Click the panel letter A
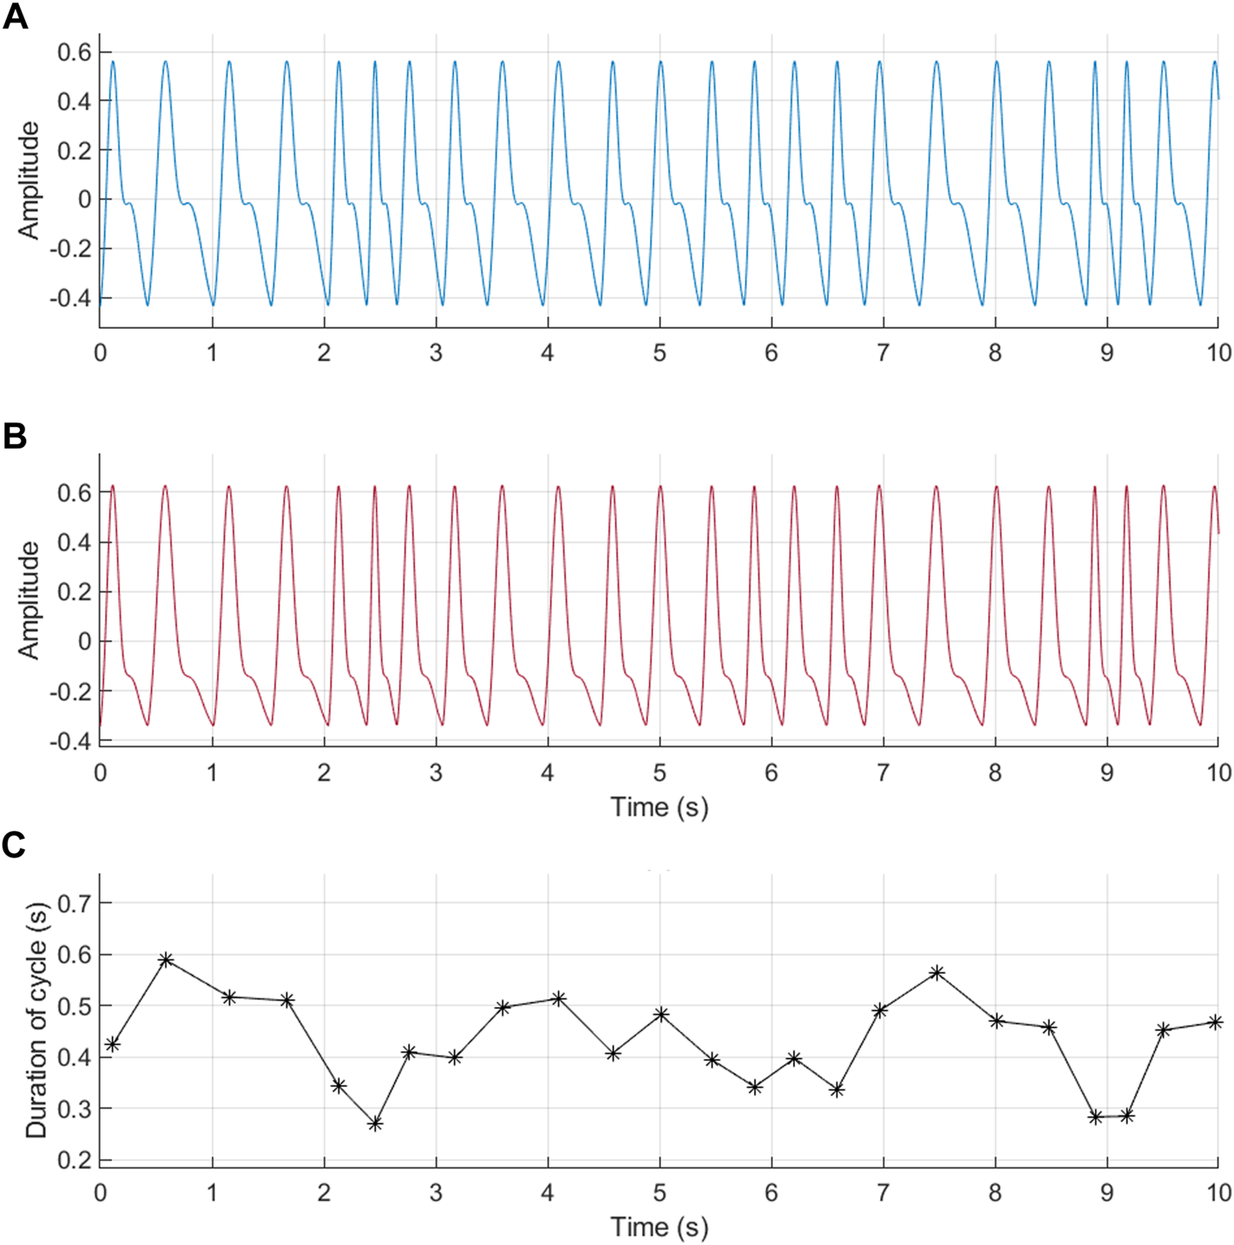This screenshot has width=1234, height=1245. pos(15,16)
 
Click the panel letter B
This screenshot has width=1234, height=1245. pos(15,436)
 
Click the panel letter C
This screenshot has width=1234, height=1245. pos(14,844)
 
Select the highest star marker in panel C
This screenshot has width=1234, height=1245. pos(167,960)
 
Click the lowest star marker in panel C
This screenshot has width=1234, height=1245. pos(376,1124)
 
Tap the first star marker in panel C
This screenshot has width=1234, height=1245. pos(112,1045)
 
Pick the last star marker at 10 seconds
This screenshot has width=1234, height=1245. pos(1216,1023)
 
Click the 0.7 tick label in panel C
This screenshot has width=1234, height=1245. pos(74,903)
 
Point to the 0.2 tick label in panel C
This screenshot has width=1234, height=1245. pos(74,1160)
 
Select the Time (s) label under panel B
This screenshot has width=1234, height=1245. pos(660,807)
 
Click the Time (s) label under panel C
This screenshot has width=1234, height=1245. pos(660,1227)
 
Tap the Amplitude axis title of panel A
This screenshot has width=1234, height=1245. pos(30,180)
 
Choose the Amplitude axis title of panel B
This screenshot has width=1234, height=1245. pos(30,600)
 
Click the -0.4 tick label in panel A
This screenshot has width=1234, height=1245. pos(69,298)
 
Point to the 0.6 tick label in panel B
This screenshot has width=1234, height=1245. pos(74,493)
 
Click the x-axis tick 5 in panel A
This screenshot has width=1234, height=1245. pos(660,353)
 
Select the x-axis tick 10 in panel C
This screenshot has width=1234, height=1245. pos(1218,1193)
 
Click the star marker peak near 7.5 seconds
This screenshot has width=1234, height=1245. pos(937,973)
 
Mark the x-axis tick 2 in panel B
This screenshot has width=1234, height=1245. pos(325,773)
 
